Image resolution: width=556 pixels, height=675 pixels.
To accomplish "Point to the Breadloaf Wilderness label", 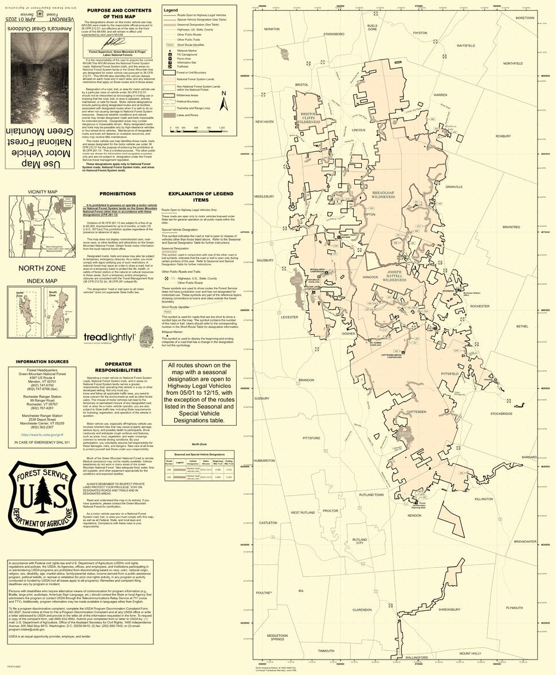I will pos(383,195).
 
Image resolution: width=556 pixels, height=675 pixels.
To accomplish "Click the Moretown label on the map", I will pos(524,18).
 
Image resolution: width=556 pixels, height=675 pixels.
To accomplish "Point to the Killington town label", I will pos(484,500).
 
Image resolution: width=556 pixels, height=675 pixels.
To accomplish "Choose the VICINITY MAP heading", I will pos(42,192).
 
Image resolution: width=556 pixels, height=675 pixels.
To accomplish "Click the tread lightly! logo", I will pos(109,337).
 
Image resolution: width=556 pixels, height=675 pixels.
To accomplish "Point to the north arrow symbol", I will pos(225,103).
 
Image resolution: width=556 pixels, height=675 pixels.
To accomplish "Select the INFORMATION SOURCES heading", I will pos(42,362).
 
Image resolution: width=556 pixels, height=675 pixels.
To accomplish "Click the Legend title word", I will pos(171,10).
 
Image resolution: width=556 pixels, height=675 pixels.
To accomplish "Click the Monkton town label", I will pos(272,29).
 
